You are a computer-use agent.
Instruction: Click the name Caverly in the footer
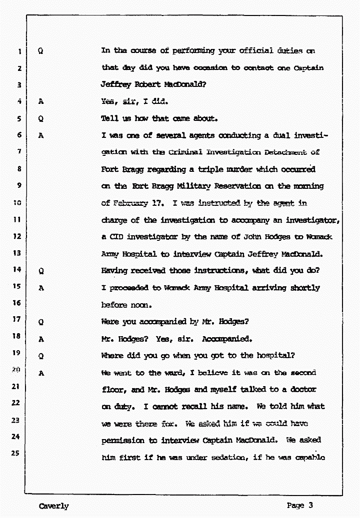[53, 506]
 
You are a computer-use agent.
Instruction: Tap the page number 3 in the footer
[310, 505]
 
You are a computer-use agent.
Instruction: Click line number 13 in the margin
[17, 253]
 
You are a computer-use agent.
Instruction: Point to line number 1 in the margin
[19, 51]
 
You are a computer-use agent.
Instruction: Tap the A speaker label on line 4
[41, 102]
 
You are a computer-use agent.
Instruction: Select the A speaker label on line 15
[41, 288]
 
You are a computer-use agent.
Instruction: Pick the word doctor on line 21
[302, 389]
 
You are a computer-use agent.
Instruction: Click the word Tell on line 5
[109, 118]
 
